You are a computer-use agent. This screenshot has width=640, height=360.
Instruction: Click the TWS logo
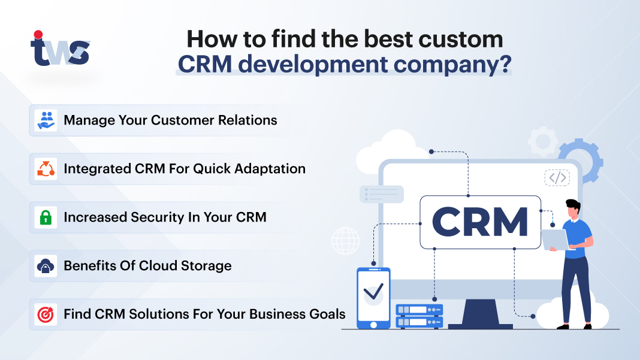point(60,50)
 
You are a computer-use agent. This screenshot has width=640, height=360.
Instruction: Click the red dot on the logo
point(38,35)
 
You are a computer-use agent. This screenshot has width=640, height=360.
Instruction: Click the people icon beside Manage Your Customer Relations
point(46,120)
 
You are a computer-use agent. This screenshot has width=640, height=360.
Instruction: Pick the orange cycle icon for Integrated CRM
point(46,169)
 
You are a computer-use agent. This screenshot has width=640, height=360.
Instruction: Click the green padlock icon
point(46,217)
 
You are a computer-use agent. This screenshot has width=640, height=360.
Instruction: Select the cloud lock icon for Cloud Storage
point(46,265)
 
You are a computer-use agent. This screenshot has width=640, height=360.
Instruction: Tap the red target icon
point(46,314)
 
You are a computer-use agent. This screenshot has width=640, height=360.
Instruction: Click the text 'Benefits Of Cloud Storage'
point(147,265)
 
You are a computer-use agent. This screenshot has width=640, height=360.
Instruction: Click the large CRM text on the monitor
point(480,222)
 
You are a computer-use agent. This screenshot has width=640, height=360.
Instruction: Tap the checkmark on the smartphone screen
point(373,292)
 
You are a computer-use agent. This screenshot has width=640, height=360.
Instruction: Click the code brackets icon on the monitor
point(557,177)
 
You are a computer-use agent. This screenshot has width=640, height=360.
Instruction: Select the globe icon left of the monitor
point(345,241)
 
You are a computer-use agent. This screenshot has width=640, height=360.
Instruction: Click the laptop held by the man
point(554,239)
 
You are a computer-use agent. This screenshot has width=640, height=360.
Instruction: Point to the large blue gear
point(579,161)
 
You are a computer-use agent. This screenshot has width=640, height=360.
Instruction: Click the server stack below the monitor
point(419,316)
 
